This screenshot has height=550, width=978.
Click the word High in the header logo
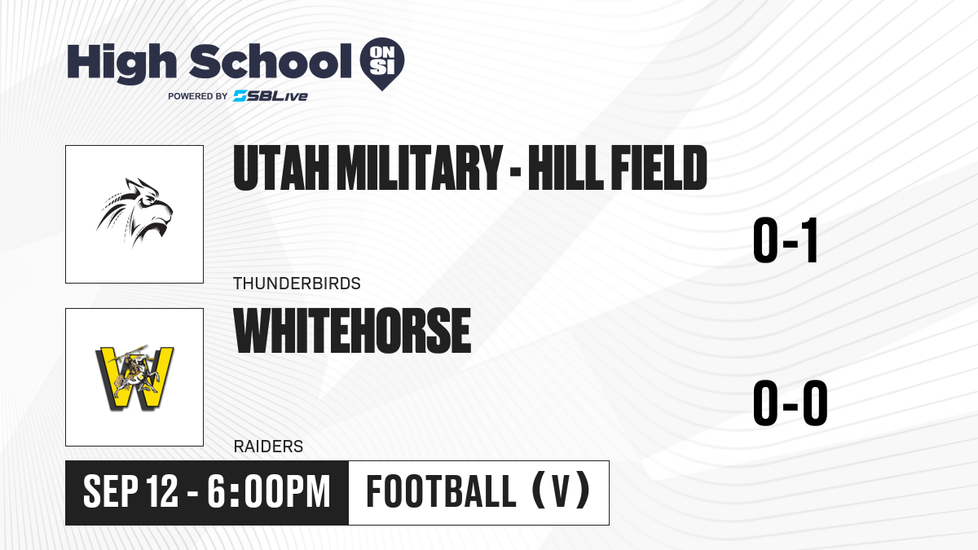pyautogui.click(x=121, y=64)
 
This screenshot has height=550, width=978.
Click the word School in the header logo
pyautogui.click(x=270, y=61)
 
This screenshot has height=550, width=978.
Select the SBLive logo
pyautogui.click(x=270, y=96)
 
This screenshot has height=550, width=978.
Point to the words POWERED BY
pyautogui.click(x=198, y=96)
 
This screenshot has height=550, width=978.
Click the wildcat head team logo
pyautogui.click(x=134, y=213)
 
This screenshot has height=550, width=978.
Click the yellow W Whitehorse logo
pyautogui.click(x=134, y=377)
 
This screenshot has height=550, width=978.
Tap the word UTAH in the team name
pyautogui.click(x=281, y=168)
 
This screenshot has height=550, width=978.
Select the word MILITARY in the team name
pyautogui.click(x=420, y=168)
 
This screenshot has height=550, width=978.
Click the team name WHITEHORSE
pyautogui.click(x=352, y=331)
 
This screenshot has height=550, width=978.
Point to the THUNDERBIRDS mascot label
pyautogui.click(x=297, y=284)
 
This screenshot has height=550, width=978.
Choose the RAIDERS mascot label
pyautogui.click(x=268, y=447)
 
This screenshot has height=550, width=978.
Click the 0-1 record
pyautogui.click(x=785, y=240)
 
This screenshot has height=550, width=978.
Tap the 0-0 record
pyautogui.click(x=791, y=403)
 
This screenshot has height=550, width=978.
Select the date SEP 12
pyautogui.click(x=130, y=491)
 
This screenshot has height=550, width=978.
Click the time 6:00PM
pyautogui.click(x=268, y=491)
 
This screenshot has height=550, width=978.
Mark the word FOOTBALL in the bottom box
pyautogui.click(x=442, y=491)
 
